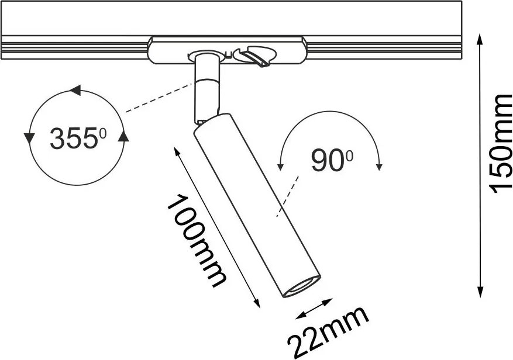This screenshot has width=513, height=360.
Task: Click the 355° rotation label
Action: (78, 138)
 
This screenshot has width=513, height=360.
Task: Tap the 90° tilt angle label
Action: (332, 160)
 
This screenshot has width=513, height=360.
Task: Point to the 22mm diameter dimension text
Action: (328, 332)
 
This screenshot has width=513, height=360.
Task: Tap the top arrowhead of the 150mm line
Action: (480, 39)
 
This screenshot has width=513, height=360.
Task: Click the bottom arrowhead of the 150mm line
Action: (480, 292)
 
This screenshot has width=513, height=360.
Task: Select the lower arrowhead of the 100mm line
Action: (257, 303)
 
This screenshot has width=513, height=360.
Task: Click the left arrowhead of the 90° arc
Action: (280, 167)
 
